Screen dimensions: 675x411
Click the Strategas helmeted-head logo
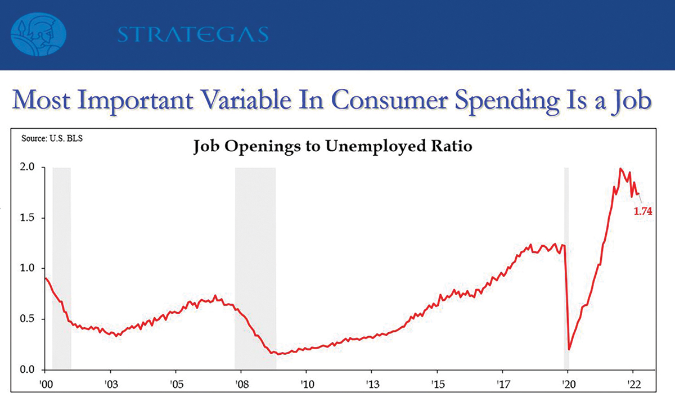[38, 34]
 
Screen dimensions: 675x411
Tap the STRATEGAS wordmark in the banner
[193, 34]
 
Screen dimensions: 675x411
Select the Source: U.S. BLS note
[52, 138]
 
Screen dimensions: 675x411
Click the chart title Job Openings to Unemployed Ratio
[332, 147]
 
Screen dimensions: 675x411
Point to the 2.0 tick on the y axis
[28, 167]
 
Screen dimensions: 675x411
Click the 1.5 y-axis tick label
[28, 218]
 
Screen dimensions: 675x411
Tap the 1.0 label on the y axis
[28, 268]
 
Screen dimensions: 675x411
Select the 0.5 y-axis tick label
[28, 319]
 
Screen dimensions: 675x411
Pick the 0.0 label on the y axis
[28, 369]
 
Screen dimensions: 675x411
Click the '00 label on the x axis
[46, 384]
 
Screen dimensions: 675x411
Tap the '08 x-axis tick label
[242, 384]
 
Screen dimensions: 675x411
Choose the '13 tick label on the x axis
[373, 384]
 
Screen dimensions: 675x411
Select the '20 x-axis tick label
[569, 384]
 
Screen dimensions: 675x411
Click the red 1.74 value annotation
[643, 211]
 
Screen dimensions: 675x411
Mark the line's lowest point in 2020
[569, 350]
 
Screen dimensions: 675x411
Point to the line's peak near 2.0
[620, 169]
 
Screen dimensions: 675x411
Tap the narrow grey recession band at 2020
[566, 268]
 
